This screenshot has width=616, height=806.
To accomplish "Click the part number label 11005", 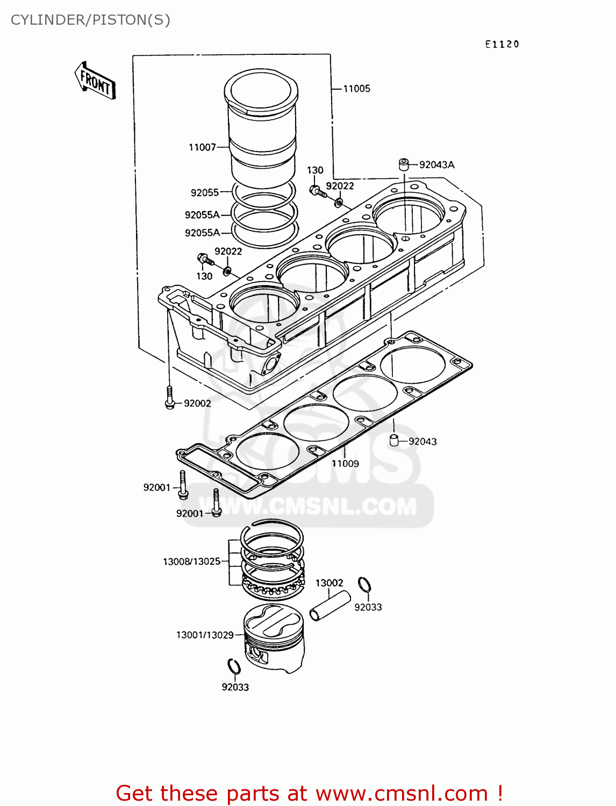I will [356, 89].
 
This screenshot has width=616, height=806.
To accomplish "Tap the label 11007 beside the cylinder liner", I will [202, 147].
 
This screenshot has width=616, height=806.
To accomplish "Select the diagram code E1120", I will [502, 45].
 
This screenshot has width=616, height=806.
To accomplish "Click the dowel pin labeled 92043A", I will [404, 164].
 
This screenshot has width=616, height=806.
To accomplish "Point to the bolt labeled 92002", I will [170, 398].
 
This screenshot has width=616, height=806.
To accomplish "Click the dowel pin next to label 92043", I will [394, 441].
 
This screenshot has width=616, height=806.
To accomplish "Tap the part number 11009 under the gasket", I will [345, 463].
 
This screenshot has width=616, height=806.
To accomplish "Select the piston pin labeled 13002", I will [330, 606].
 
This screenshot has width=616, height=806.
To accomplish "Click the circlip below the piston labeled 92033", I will [234, 666].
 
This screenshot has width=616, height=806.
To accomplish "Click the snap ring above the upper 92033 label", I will [364, 584].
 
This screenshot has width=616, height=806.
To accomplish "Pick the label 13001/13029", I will [205, 635].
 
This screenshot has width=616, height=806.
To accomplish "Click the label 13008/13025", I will [192, 562].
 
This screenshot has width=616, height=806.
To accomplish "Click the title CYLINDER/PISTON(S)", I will [90, 20].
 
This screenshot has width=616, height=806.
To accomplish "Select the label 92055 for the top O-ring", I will [204, 192].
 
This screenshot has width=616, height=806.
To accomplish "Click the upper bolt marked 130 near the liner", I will [317, 190].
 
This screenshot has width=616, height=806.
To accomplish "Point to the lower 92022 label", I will [228, 251].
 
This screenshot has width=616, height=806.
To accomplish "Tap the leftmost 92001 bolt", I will [183, 484].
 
